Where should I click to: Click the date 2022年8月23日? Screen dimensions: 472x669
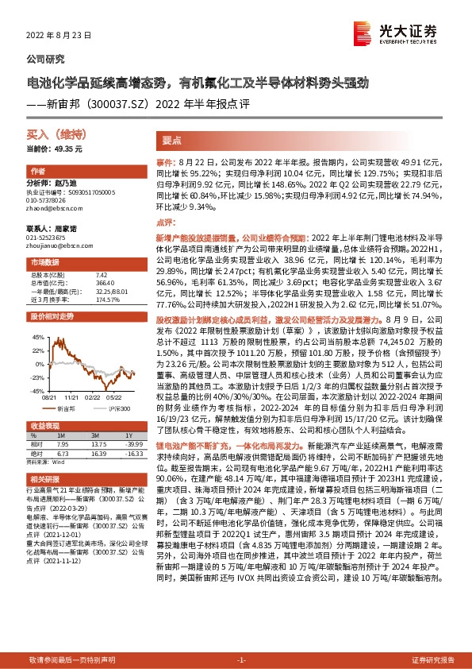59,37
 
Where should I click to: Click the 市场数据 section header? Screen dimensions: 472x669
44,261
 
